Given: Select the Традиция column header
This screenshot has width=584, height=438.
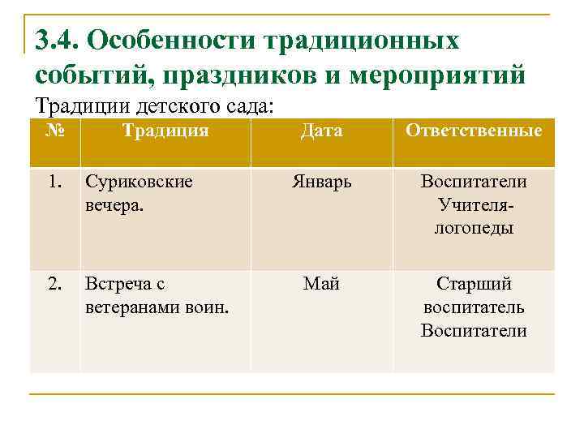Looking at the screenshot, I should pos(165,131).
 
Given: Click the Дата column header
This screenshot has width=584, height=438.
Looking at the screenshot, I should pos(321,131).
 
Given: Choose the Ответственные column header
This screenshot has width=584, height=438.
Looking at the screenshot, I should pos(474,131).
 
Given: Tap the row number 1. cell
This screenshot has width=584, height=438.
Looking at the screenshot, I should pos(54,182).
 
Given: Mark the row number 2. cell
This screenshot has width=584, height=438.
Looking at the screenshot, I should pos(54,284).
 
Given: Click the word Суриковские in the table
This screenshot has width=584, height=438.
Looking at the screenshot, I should pos(139,182).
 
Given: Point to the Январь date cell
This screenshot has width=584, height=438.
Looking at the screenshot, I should pos(321,182).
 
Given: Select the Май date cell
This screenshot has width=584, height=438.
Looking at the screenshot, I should pos(321,284).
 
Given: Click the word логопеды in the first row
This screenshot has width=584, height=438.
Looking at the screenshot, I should pos(474,228).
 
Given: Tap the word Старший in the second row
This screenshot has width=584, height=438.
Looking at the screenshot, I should pos(474,285).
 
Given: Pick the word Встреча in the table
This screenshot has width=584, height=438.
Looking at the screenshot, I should pos(118,285).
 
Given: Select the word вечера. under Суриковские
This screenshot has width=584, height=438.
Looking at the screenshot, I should pos(112,205).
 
